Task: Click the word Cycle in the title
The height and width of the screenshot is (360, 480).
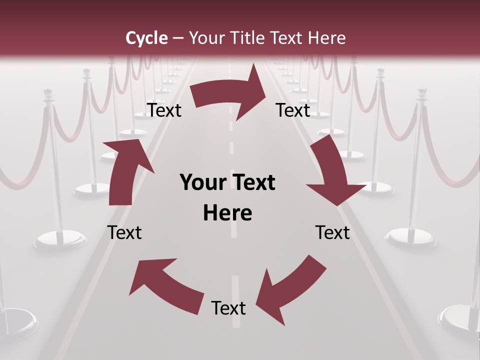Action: pos(146,38)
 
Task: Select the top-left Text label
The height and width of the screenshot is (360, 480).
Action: pos(164,110)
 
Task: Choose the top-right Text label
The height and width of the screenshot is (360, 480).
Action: pos(293,110)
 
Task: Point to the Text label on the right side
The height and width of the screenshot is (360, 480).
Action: pos(332,232)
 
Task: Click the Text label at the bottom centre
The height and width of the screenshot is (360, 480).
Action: pos(228,308)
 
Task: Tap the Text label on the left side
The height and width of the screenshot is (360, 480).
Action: pos(124,232)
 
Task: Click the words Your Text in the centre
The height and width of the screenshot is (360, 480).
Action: pos(227,182)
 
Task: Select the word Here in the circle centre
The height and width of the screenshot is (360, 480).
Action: pos(227,213)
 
